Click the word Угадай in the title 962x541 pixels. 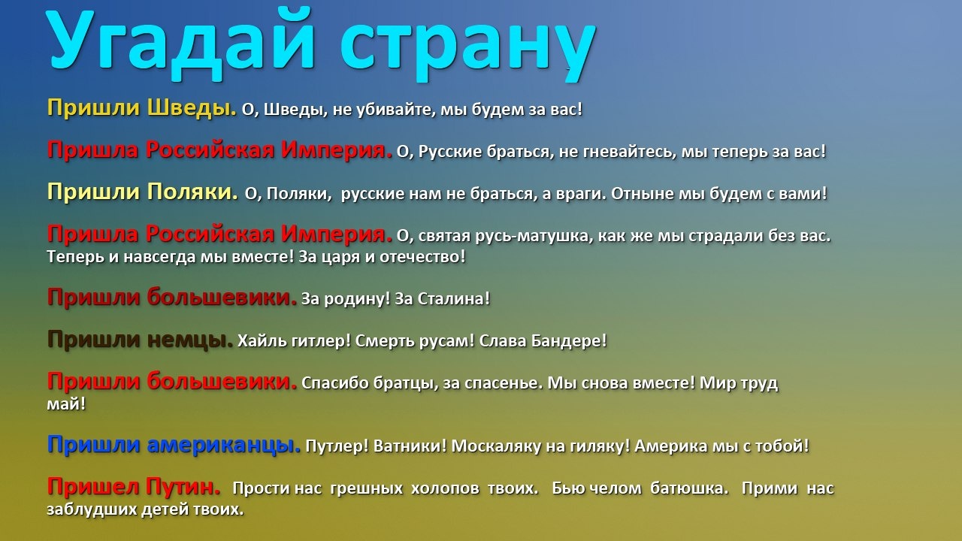click(x=180, y=45)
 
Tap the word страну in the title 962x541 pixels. click(x=467, y=48)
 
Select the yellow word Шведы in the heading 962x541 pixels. click(x=192, y=107)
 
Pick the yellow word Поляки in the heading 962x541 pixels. click(x=192, y=192)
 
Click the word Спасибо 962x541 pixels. click(x=335, y=383)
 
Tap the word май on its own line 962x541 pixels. click(x=66, y=404)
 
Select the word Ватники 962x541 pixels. click(x=410, y=446)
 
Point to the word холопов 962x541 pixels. click(x=445, y=488)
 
